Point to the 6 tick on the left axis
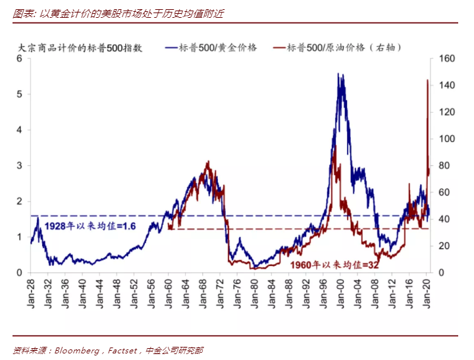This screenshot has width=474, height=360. [x=19, y=59]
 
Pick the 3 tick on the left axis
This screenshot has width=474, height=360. [x=19, y=166]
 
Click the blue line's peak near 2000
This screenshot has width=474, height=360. [x=338, y=74]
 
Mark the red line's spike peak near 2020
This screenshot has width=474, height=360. [x=427, y=80]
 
